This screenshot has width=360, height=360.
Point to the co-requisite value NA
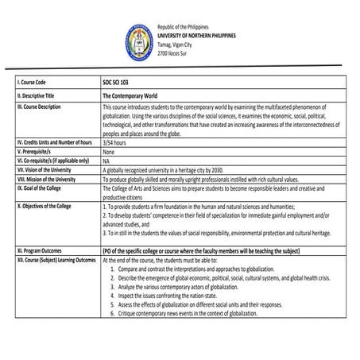pyautogui.click(x=106, y=160)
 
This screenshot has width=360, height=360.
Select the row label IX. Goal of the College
pyautogui.click(x=45, y=188)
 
